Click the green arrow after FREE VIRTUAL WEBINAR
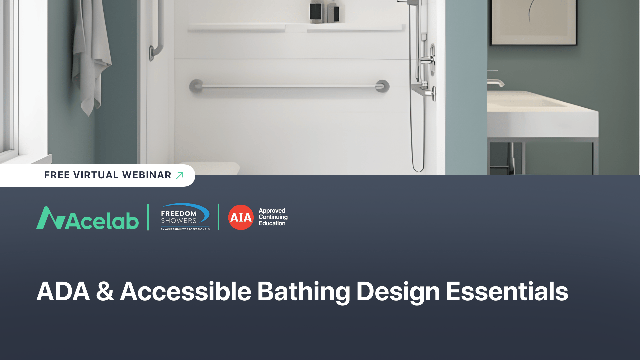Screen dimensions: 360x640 pyautogui.click(x=180, y=175)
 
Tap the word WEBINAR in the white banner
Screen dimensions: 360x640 pyautogui.click(x=147, y=175)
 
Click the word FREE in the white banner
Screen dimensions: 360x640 pyautogui.click(x=57, y=175)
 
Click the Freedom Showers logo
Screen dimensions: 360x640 pyautogui.click(x=185, y=217)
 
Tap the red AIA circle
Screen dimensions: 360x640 pyautogui.click(x=241, y=217)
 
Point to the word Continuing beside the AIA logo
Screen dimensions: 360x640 pyautogui.click(x=273, y=217)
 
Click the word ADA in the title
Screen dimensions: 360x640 pyautogui.click(x=63, y=292)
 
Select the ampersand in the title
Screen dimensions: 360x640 pyautogui.click(x=105, y=292)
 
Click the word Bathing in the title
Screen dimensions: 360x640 pyautogui.click(x=303, y=292)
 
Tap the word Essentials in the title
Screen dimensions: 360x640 pyautogui.click(x=507, y=292)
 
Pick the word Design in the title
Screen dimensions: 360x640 pyautogui.click(x=398, y=292)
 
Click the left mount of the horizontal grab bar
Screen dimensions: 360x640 pyautogui.click(x=196, y=86)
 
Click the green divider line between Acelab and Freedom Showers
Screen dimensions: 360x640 pyautogui.click(x=148, y=217)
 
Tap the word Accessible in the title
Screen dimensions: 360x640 pyautogui.click(x=185, y=292)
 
